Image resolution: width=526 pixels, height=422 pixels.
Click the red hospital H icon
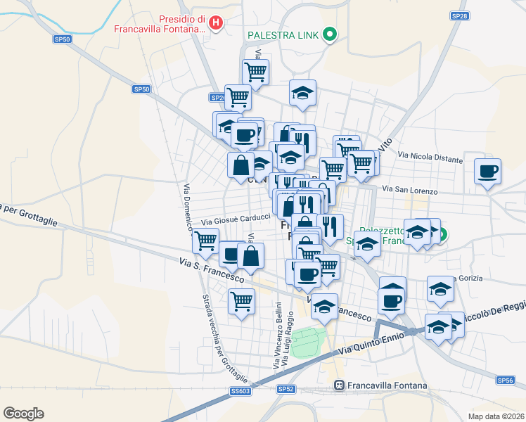point(217,23)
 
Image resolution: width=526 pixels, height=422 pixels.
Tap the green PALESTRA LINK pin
point(329,34)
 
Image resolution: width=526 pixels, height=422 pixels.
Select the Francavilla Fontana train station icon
point(339,385)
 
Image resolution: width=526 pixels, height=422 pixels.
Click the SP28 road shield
point(459,15)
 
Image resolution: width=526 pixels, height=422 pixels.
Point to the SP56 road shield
point(505,380)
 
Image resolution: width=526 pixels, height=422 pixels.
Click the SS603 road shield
point(240,391)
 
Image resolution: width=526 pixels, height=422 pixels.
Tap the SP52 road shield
point(285,389)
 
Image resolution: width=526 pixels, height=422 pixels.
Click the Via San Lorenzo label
point(410,191)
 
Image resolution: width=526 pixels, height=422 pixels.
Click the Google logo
point(23,414)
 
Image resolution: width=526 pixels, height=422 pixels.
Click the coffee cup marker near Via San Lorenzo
point(487,171)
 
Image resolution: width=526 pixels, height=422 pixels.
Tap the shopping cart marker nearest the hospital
point(255,70)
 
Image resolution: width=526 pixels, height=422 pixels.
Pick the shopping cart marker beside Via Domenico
point(205,241)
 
